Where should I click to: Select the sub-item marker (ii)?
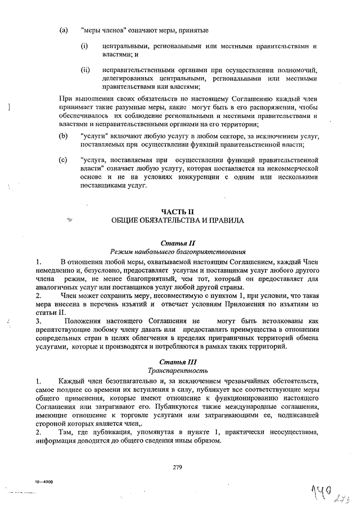click(x=85, y=70)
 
